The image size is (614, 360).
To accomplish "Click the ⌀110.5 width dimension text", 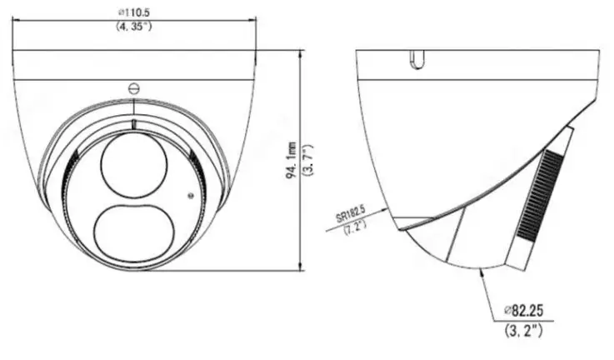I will coord(133,13).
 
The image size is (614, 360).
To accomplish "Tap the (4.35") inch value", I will coord(134,27).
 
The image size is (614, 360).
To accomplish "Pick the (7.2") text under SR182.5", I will coord(356,227).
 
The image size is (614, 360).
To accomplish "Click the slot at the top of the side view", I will coord(417,58).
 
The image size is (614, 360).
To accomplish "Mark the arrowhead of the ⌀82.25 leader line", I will coord(483,272).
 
